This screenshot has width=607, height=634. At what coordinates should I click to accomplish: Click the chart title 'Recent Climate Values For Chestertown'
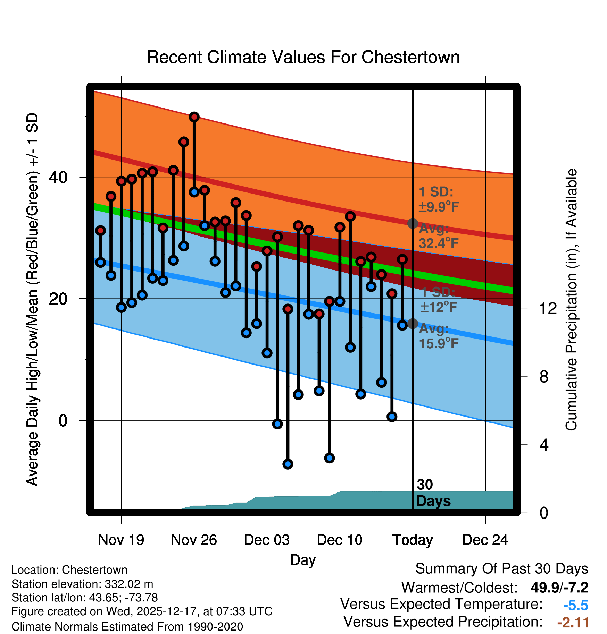[x=303, y=57]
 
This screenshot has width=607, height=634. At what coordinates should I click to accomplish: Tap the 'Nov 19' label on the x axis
[x=121, y=540]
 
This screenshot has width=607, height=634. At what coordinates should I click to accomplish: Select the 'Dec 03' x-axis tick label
[x=267, y=540]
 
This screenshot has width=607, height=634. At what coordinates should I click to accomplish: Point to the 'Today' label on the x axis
[x=413, y=540]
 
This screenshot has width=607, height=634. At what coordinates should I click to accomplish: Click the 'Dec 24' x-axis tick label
[x=485, y=540]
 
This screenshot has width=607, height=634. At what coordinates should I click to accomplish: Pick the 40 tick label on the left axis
[x=58, y=178]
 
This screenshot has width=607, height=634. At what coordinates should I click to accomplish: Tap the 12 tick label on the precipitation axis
[x=548, y=308]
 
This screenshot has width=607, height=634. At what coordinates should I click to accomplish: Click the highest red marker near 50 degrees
[x=194, y=117]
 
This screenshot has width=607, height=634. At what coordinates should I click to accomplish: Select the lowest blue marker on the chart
[x=288, y=464]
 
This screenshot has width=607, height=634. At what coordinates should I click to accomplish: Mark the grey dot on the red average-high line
[x=413, y=223]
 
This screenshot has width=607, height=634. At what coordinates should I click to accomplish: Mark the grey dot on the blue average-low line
[x=413, y=324]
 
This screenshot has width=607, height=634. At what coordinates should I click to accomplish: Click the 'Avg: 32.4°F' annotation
[x=439, y=236]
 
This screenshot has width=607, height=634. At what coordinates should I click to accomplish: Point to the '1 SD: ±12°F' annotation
[x=439, y=300]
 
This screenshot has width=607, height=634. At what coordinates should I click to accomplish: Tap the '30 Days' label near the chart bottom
[x=433, y=493]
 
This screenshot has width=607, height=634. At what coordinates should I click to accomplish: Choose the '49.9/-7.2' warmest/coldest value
[x=559, y=588]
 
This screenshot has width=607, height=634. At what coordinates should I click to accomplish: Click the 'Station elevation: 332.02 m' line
[x=82, y=584]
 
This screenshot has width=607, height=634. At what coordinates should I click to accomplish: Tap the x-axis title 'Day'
[x=303, y=560]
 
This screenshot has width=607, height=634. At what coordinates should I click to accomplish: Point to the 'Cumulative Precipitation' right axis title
[x=572, y=300]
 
